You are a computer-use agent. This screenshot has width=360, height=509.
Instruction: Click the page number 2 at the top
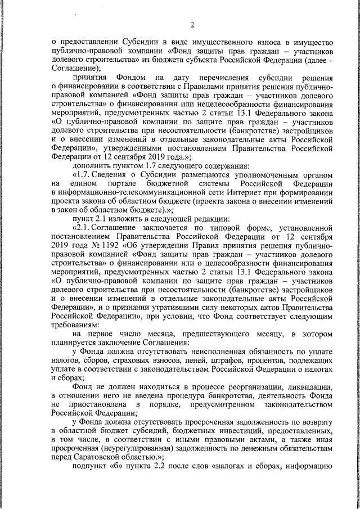coord(192,25)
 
